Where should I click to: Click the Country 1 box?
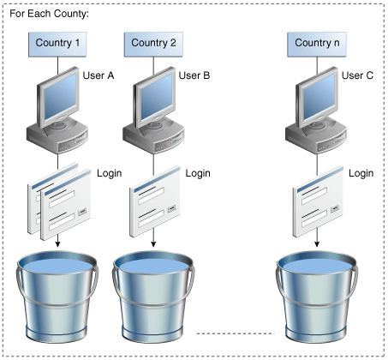pyautogui.click(x=59, y=43)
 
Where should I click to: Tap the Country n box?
pyautogui.click(x=317, y=43)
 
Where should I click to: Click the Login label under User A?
pyautogui.click(x=110, y=173)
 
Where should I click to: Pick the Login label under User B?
pyautogui.click(x=198, y=173)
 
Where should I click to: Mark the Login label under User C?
pyautogui.click(x=361, y=173)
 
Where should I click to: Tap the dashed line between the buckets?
pyautogui.click(x=232, y=333)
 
